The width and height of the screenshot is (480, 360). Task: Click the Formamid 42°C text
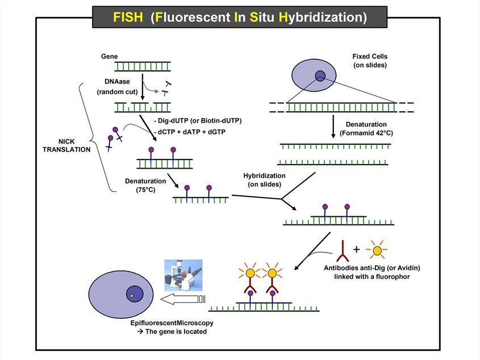point(366,132)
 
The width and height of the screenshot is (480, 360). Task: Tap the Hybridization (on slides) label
point(265,180)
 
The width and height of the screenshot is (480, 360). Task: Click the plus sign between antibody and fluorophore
point(357,249)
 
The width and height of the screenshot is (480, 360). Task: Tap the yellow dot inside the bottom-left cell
point(132,296)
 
